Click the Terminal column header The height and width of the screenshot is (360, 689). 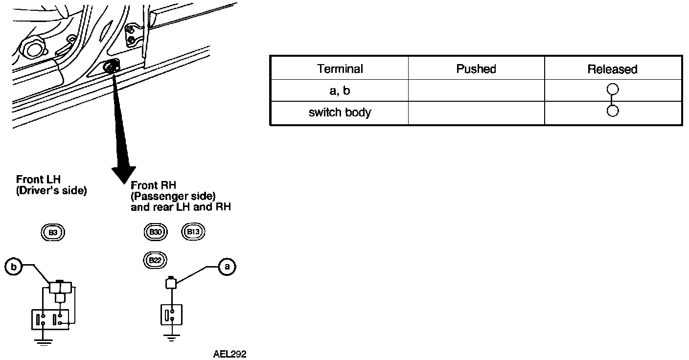[340, 69]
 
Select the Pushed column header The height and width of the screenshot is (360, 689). [476, 69]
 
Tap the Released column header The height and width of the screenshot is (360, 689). [612, 69]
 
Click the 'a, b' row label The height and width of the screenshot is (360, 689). [340, 91]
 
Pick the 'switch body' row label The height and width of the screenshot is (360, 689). [340, 112]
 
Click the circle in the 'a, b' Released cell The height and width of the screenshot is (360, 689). [612, 90]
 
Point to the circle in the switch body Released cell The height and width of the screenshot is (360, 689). [612, 111]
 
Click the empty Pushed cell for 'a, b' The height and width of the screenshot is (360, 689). [476, 91]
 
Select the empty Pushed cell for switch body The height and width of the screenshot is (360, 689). [476, 113]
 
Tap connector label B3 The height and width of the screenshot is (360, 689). [53, 232]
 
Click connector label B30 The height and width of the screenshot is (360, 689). [156, 232]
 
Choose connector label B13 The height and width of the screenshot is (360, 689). [194, 231]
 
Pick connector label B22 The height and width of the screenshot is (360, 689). [155, 260]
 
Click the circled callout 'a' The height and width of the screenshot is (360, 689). [226, 267]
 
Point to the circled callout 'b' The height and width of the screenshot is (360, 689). [14, 267]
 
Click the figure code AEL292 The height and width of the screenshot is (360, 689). [230, 354]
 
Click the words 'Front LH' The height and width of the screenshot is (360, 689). [38, 180]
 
